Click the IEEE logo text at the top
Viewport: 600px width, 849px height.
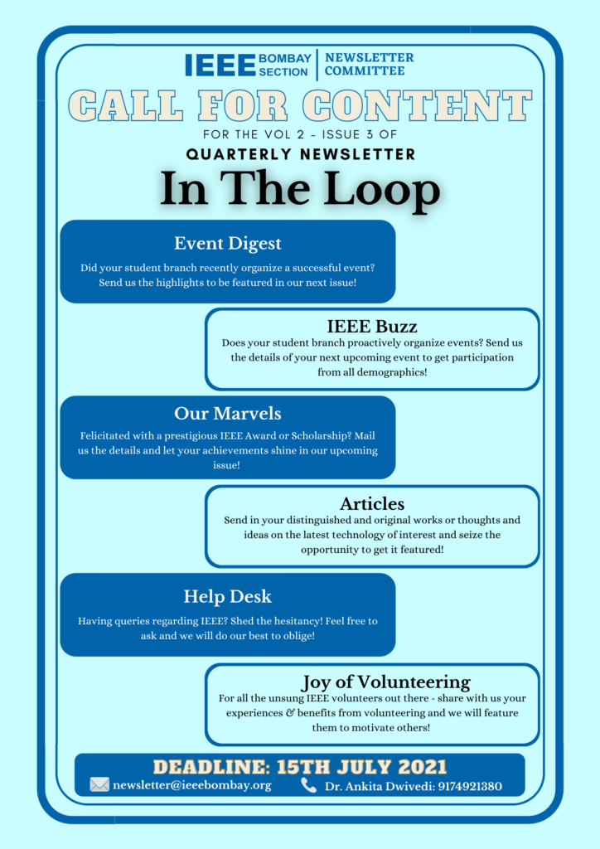(220, 65)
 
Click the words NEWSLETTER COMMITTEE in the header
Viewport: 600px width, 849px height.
(369, 64)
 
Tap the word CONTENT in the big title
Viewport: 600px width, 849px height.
(417, 105)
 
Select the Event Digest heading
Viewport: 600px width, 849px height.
(228, 244)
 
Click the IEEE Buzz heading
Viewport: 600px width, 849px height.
(372, 326)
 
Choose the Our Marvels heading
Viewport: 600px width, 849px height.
(228, 413)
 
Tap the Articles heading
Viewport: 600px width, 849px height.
(372, 503)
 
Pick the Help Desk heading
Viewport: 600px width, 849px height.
(228, 596)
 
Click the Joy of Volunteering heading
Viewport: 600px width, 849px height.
(385, 682)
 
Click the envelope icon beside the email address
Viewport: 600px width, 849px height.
(99, 784)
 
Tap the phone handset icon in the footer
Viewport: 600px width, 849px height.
(308, 785)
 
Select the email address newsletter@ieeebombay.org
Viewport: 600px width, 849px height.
(192, 785)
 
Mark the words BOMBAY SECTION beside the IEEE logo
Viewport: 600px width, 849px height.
(284, 65)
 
